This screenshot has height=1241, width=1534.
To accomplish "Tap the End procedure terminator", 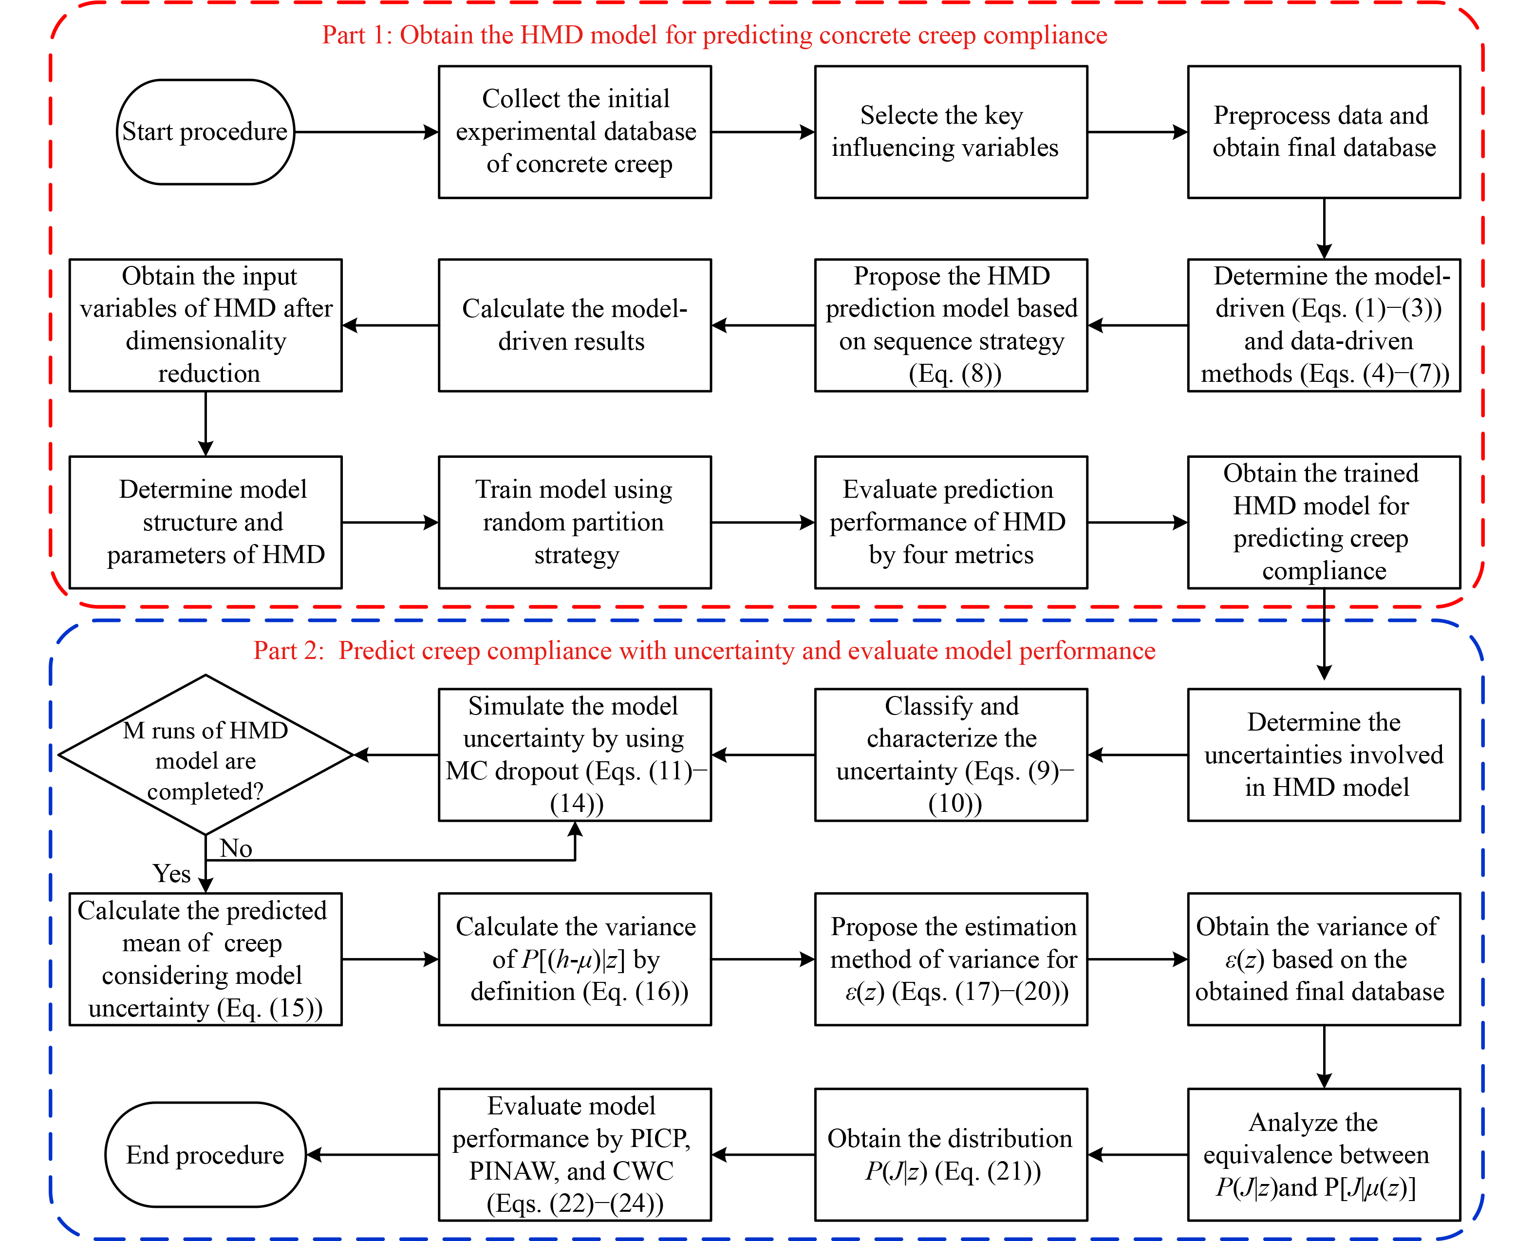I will [x=205, y=1154].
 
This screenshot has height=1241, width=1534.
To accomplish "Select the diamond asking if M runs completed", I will [x=205, y=755].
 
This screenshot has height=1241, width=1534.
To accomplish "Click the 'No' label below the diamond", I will [x=236, y=848].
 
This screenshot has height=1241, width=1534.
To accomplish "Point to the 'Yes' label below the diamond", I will [x=171, y=874].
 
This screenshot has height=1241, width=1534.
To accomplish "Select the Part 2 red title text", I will [x=704, y=651].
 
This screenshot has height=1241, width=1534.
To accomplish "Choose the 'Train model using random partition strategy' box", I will [x=575, y=523].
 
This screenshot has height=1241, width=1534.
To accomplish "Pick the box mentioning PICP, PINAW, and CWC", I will [x=575, y=1154].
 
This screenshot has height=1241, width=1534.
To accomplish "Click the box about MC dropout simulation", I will [x=575, y=755].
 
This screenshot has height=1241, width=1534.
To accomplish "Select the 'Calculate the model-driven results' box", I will [x=575, y=325].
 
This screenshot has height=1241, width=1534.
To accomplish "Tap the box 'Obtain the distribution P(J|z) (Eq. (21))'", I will [x=951, y=1154].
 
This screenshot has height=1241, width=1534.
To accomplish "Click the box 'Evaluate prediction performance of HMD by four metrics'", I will [x=951, y=523].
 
